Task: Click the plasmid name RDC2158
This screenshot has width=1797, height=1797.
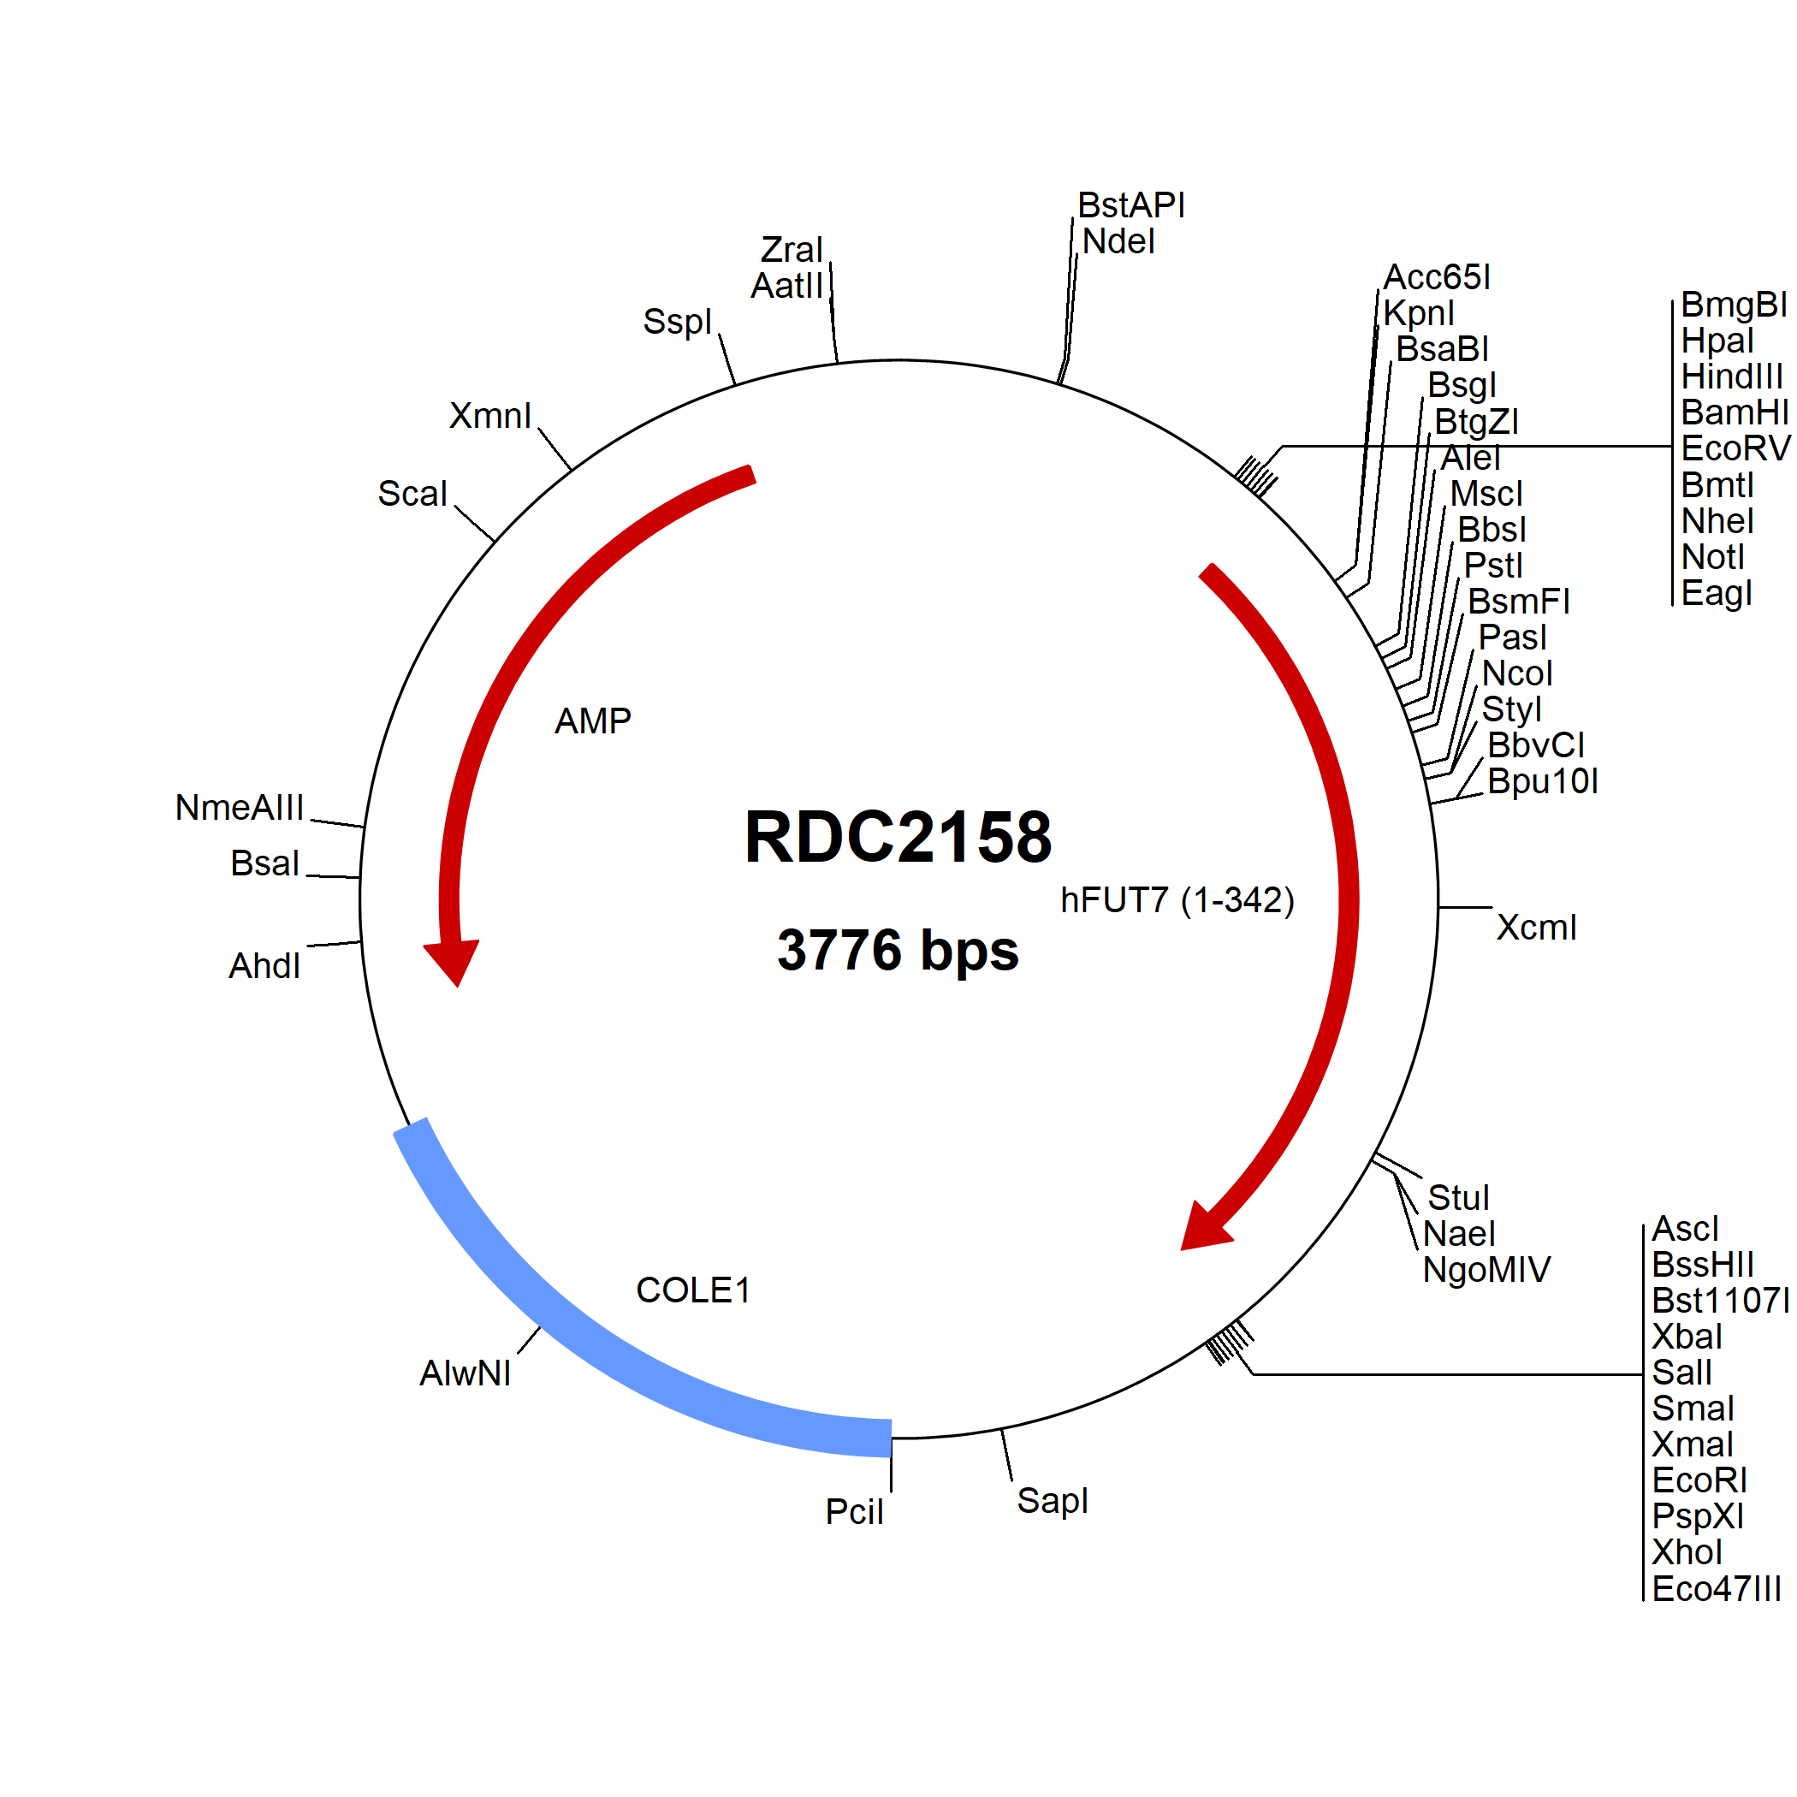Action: click(x=898, y=837)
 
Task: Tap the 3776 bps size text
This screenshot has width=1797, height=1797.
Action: click(x=898, y=950)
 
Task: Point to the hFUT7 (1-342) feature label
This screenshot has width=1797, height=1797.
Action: click(x=1177, y=900)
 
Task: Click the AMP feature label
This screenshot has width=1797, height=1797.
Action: click(x=592, y=721)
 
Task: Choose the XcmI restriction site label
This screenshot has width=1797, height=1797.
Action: click(x=1537, y=928)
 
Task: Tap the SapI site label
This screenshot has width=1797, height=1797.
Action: click(x=1052, y=1500)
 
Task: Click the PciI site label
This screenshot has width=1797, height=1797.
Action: click(x=854, y=1511)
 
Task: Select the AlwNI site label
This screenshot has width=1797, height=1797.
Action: click(x=465, y=1373)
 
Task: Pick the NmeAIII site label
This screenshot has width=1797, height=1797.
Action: click(x=239, y=807)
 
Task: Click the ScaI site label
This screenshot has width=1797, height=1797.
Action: click(x=412, y=493)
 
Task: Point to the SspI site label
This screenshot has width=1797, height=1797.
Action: click(x=677, y=322)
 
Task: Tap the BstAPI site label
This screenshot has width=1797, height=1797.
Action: click(x=1131, y=205)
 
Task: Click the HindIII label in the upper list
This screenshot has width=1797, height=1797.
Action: click(x=1732, y=377)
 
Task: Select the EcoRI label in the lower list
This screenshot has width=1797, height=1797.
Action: click(x=1699, y=1480)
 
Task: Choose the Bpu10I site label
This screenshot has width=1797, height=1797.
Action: click(x=1543, y=781)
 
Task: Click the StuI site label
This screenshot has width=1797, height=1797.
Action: click(x=1458, y=1197)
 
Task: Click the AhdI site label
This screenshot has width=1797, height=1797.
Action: click(x=264, y=965)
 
